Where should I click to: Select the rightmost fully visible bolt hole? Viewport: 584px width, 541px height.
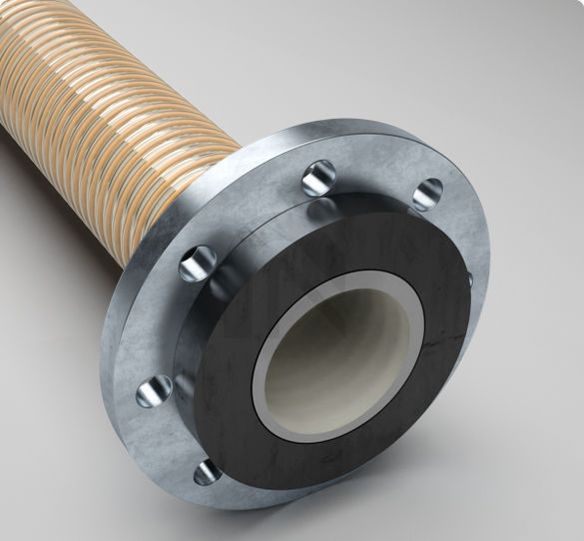pyautogui.click(x=427, y=192)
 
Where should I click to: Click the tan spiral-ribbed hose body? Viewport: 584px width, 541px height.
pyautogui.click(x=100, y=110)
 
